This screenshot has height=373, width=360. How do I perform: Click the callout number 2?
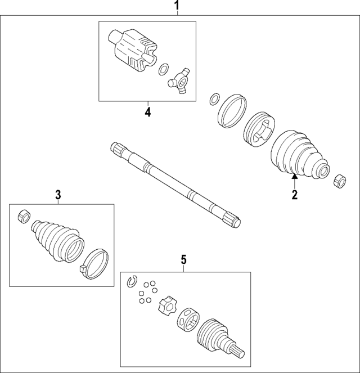294,195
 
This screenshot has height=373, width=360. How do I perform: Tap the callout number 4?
147,112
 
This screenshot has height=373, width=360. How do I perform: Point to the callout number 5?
183,260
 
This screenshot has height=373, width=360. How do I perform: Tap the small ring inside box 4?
163,70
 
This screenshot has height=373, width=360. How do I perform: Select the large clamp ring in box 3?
96,262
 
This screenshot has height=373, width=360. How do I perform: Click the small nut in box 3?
24,215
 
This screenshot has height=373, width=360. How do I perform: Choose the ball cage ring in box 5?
187,321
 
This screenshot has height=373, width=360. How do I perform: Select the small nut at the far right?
339,182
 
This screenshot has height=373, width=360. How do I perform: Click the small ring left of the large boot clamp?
214,100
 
